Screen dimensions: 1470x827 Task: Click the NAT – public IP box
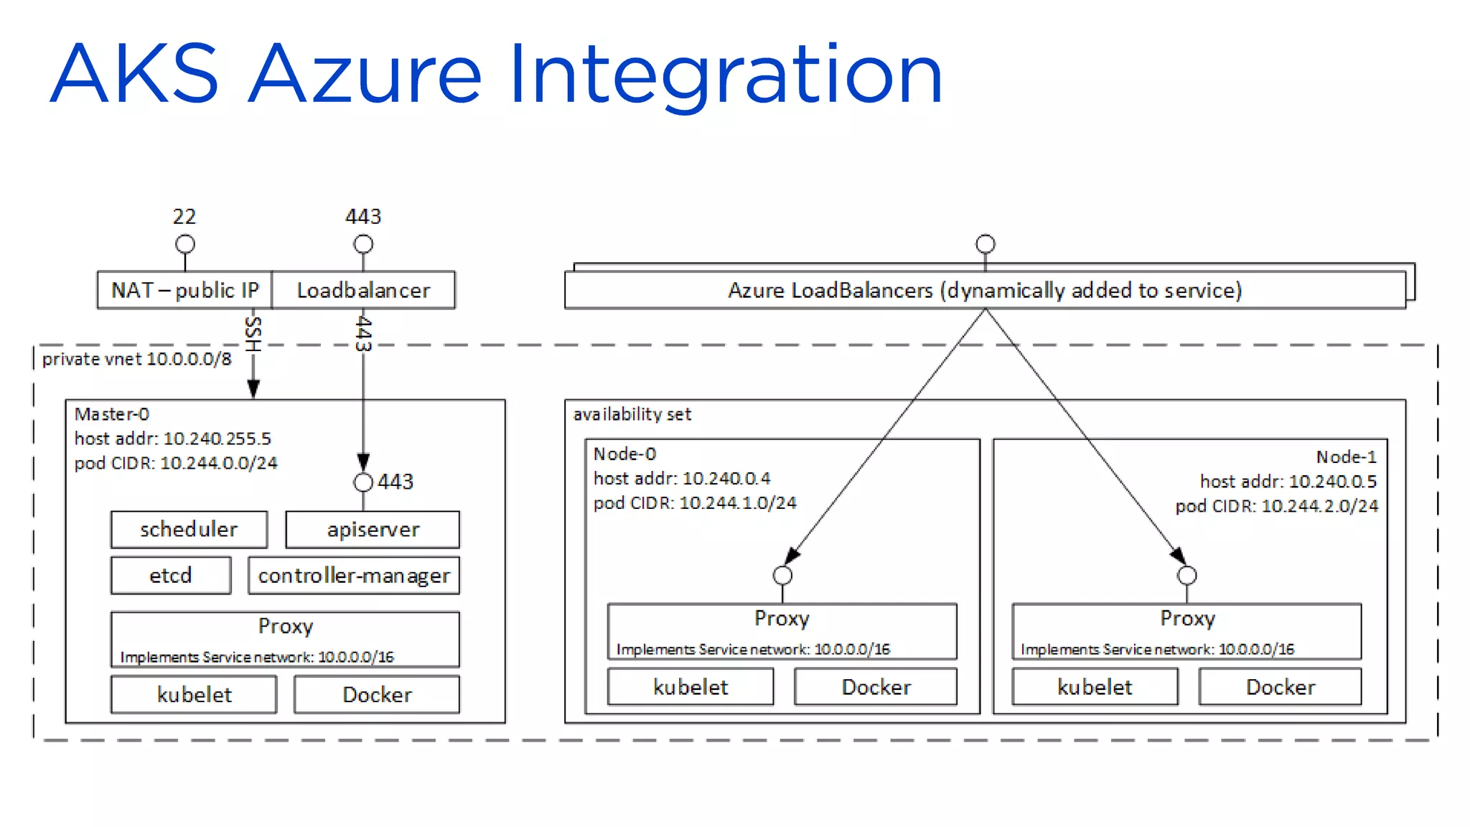tap(184, 290)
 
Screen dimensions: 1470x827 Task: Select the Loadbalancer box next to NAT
tap(363, 290)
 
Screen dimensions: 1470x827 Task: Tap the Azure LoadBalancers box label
tap(985, 290)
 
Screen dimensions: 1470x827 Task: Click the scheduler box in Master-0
tap(189, 530)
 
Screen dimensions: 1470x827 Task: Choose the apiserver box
tap(373, 530)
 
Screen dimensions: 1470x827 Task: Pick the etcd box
tap(171, 576)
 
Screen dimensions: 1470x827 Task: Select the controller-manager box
tap(354, 576)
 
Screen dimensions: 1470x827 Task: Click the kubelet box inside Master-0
tap(194, 694)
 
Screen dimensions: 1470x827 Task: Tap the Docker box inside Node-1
tap(1281, 687)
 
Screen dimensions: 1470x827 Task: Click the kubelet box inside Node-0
tap(690, 687)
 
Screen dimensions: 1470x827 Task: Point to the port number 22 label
tap(184, 216)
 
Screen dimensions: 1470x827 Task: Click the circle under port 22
tap(185, 244)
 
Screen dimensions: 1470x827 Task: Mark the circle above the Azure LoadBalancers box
tap(986, 244)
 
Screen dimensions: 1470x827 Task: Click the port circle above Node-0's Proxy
tap(782, 575)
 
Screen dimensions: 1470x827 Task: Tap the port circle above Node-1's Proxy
tap(1187, 575)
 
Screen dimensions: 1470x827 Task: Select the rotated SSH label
tap(253, 334)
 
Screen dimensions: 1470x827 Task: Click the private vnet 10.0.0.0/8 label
tap(137, 359)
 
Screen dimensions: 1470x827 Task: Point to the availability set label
tap(632, 414)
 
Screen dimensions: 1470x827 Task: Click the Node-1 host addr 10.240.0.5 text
tap(1288, 481)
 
